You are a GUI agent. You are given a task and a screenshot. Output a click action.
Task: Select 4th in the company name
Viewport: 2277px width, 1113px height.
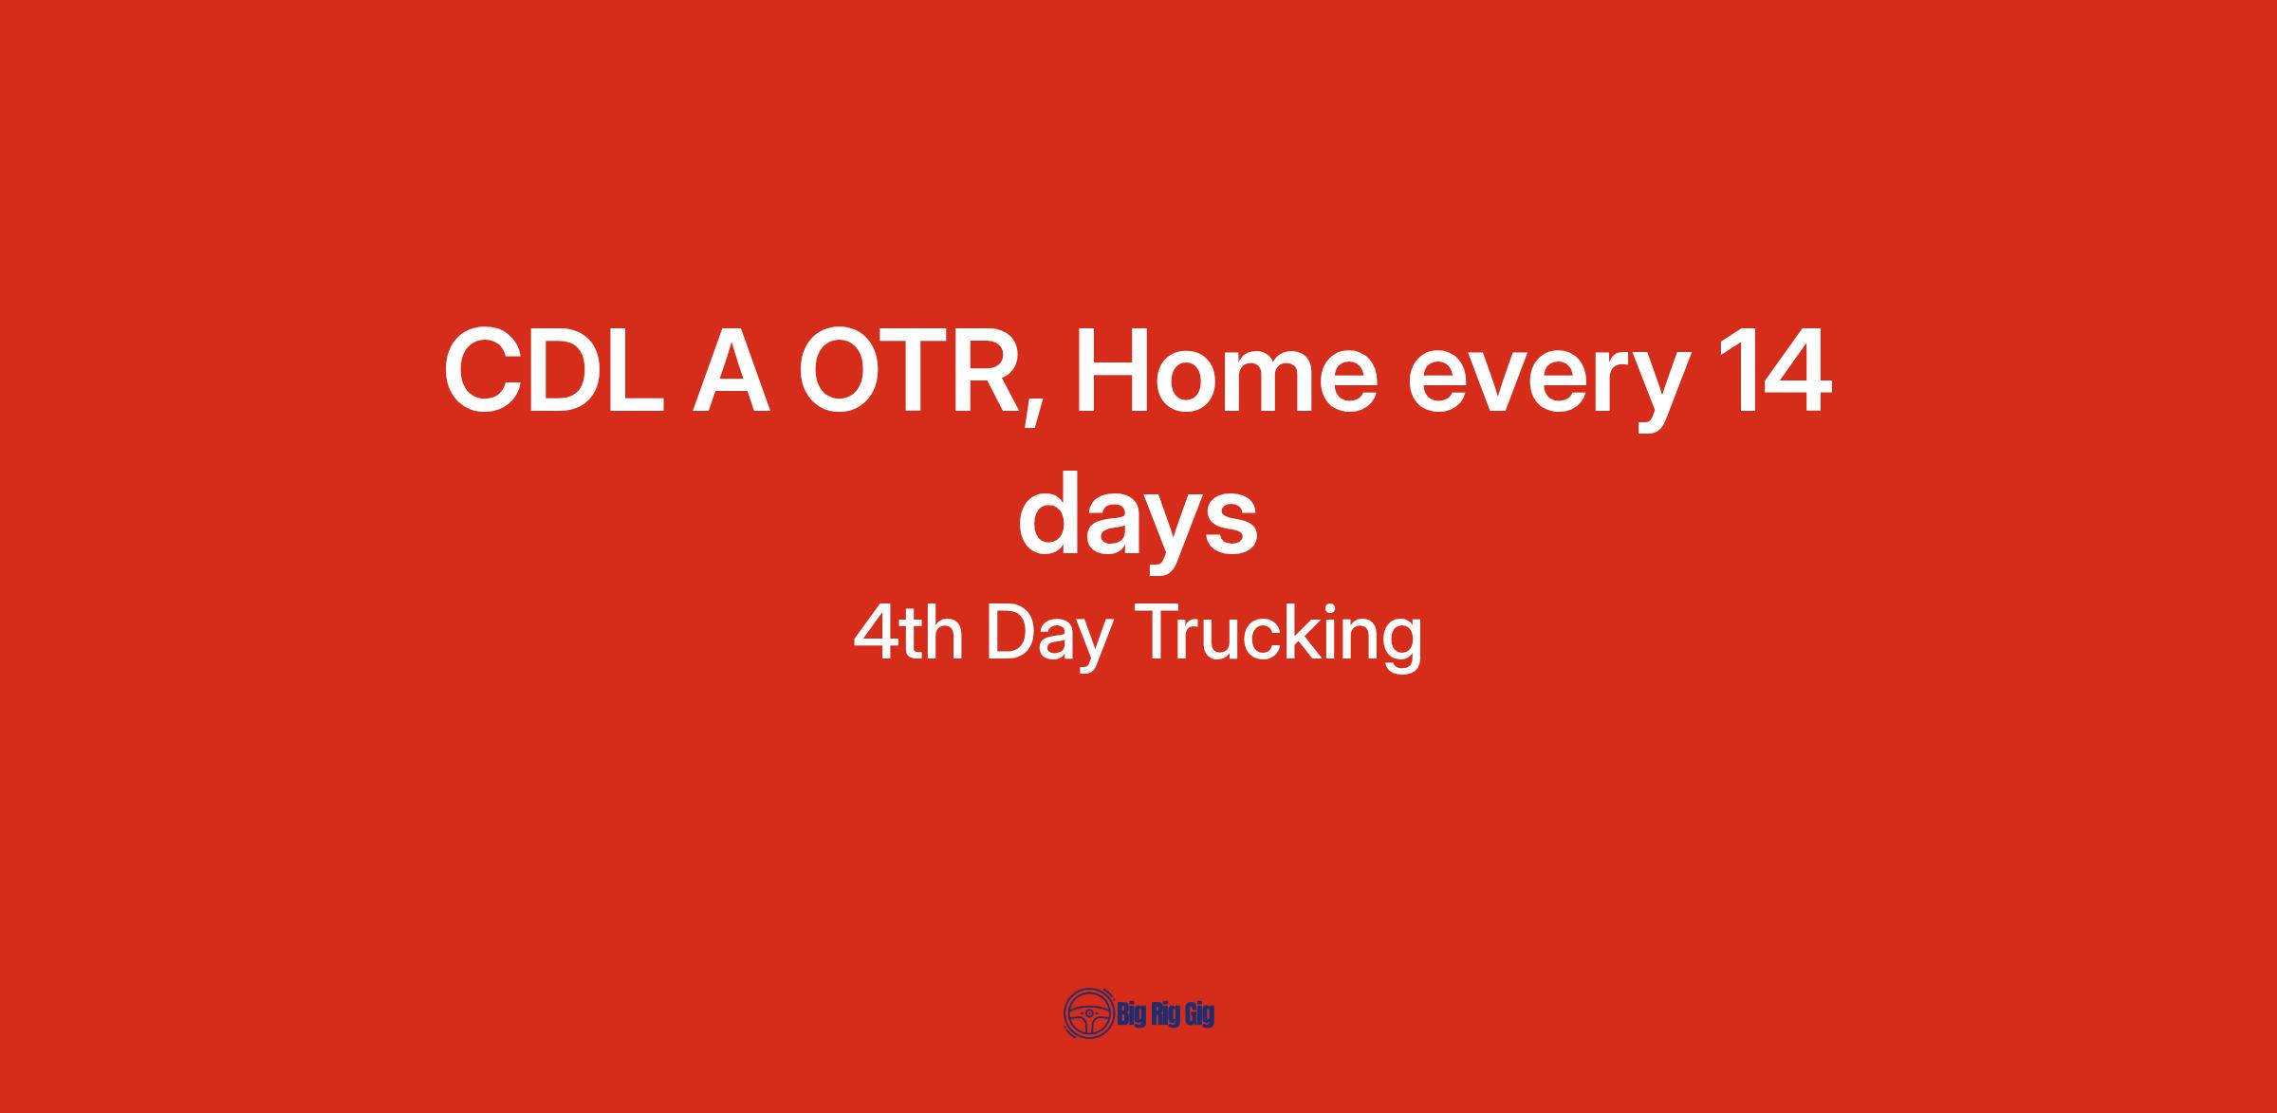pyautogui.click(x=908, y=633)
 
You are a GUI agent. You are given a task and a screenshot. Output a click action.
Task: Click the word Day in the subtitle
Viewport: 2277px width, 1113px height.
pyautogui.click(x=1048, y=638)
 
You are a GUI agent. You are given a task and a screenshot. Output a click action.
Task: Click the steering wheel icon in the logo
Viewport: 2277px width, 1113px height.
pyautogui.click(x=1088, y=1014)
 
